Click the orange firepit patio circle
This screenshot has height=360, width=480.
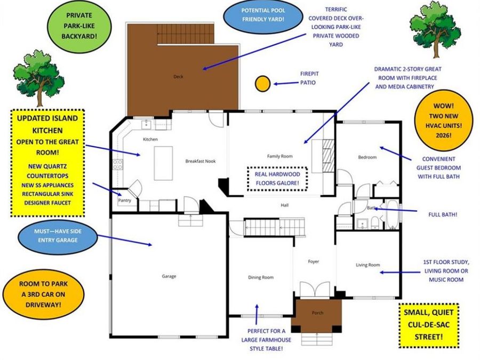[262, 83]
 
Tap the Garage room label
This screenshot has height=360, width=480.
[169, 276]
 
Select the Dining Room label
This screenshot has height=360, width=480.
[261, 277]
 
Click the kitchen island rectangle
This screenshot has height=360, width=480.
[163, 163]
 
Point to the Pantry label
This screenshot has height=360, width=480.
[124, 201]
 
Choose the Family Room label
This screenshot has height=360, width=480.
[280, 156]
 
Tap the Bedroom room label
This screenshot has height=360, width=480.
[367, 157]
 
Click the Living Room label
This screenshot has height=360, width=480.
[367, 265]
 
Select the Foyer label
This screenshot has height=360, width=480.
[314, 261]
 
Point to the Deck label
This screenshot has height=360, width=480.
[178, 77]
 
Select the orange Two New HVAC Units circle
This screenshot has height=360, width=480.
[444, 121]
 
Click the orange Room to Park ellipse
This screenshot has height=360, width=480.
[43, 294]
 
